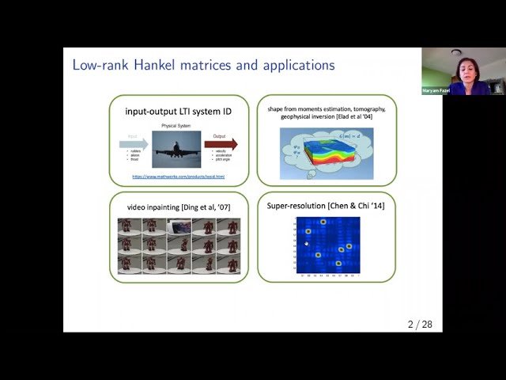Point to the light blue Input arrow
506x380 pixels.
pos(134,144)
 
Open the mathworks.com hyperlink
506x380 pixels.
pos(178,176)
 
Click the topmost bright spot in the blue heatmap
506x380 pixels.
pos(323,221)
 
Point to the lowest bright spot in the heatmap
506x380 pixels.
pos(338,262)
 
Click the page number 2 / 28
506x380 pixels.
pos(419,325)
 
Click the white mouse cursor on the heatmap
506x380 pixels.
pos(307,244)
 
